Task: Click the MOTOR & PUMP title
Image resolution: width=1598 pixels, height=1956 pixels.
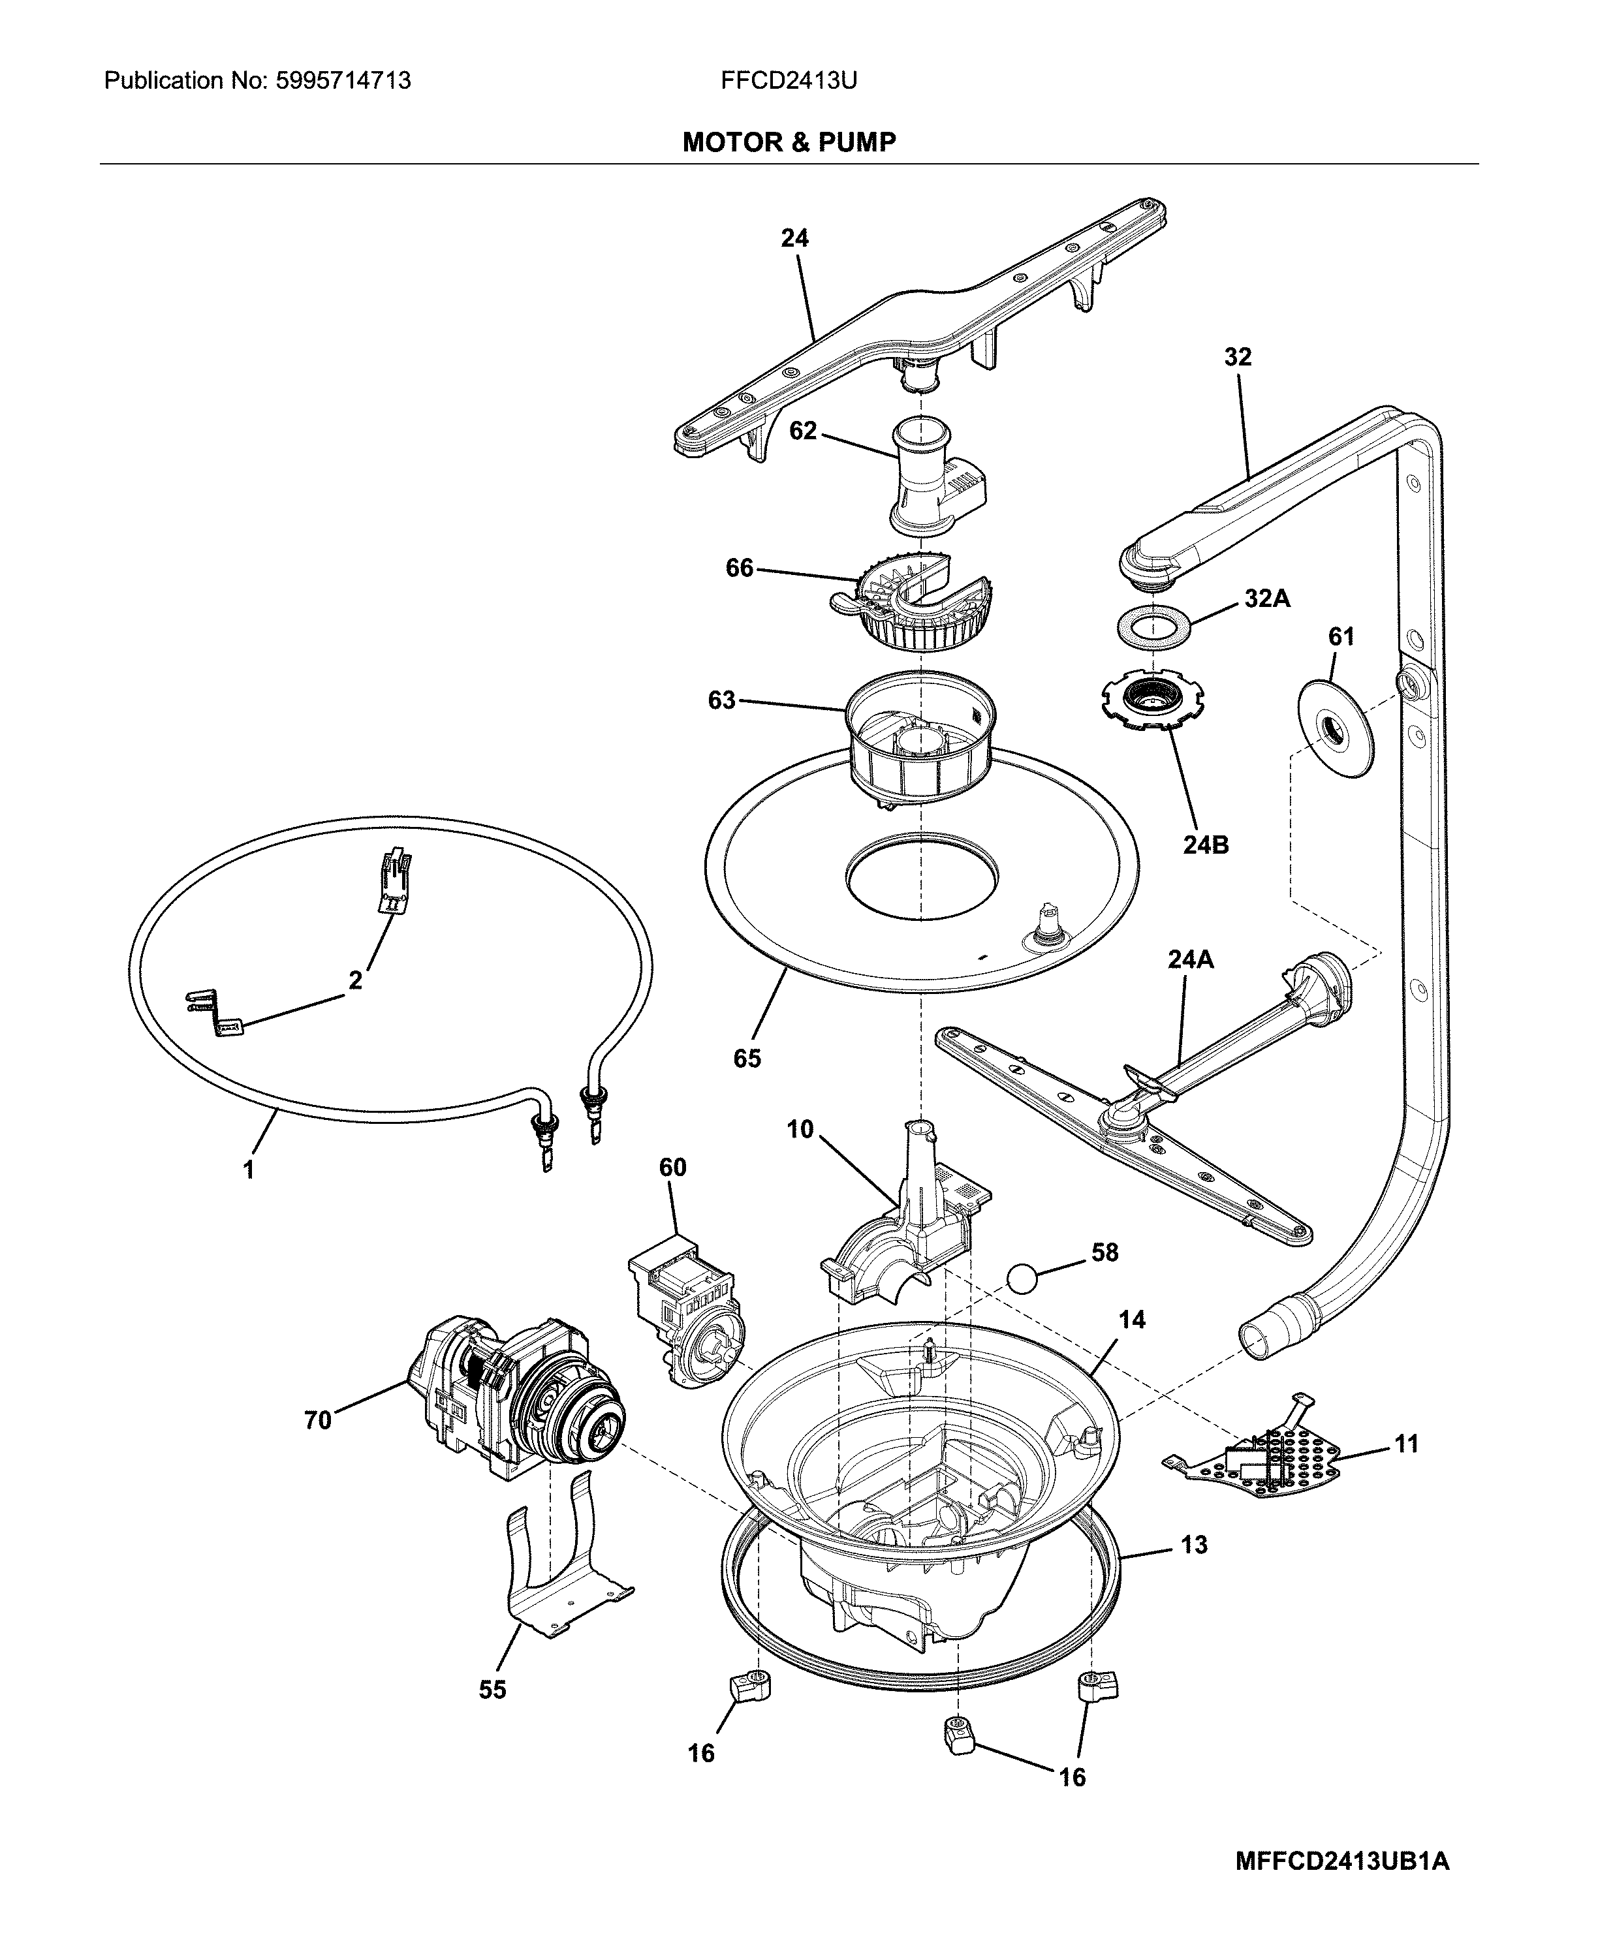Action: [789, 142]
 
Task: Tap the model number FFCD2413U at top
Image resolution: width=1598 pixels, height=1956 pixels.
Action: [789, 81]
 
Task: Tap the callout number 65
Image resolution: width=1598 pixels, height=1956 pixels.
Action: [747, 1059]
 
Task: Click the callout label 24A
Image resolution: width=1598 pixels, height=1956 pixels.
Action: [1190, 959]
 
